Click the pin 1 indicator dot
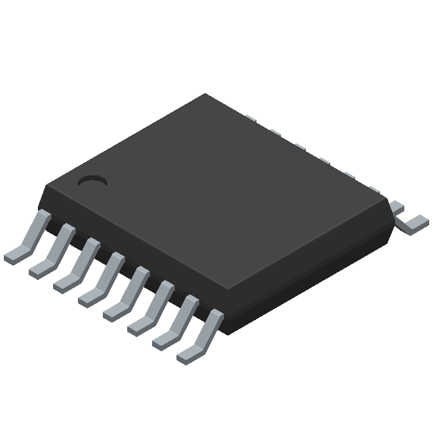tap(93, 181)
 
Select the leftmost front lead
tap(30, 237)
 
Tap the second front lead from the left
tap(54, 249)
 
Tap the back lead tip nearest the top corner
tap(250, 117)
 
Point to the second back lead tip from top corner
tap(275, 132)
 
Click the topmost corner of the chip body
tap(205, 94)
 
